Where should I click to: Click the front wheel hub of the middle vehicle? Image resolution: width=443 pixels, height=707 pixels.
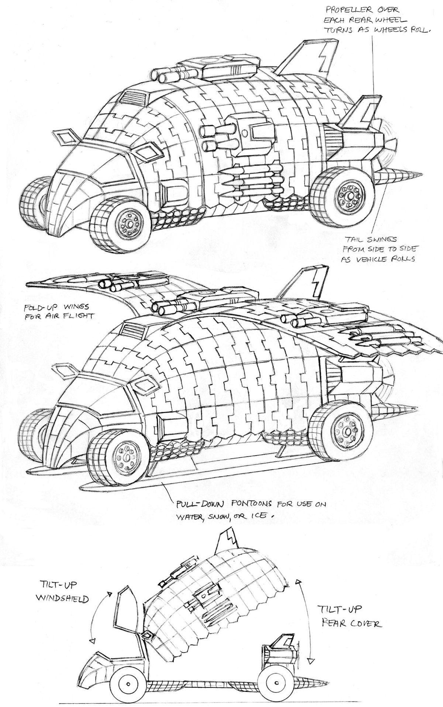tap(127, 458)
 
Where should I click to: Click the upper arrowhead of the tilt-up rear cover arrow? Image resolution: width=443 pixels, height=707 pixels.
tap(297, 581)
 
